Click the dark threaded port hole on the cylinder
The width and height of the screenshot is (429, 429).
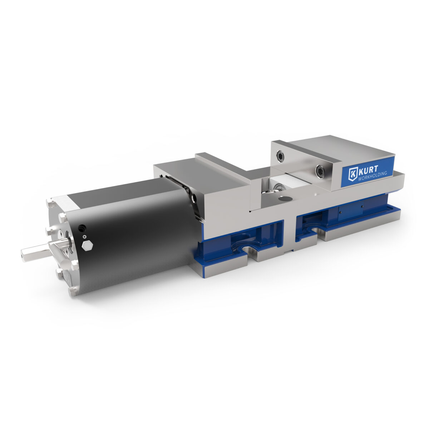[82, 227]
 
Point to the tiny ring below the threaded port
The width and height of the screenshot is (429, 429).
[84, 237]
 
